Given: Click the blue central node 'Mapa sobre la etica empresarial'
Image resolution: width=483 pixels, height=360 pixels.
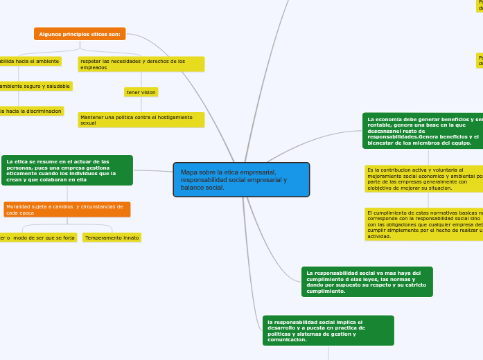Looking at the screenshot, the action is (x=241, y=180).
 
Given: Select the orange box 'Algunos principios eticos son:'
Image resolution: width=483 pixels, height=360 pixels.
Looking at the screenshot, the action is (x=80, y=33).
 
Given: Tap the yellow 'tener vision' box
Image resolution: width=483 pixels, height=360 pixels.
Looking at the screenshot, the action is (x=141, y=92).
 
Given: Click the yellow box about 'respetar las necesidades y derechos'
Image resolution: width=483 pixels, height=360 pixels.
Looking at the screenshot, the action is (x=141, y=64).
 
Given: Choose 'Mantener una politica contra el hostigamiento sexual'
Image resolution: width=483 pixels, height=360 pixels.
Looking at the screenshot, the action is (x=141, y=120).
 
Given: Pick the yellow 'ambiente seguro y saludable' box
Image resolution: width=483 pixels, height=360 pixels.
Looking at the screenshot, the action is (x=35, y=86).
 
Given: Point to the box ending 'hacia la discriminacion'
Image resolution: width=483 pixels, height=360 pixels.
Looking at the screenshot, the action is (x=31, y=111).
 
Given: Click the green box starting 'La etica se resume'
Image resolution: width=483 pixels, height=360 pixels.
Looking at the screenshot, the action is (x=67, y=170).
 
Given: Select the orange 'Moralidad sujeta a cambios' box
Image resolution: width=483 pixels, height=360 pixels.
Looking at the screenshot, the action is (x=67, y=209).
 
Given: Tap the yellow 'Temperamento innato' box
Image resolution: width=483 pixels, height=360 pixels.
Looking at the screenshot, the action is (x=112, y=237).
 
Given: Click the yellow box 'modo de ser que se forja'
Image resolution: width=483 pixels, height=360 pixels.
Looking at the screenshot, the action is (x=37, y=237).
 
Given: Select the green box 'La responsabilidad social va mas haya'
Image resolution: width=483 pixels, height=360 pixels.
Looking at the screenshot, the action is (x=367, y=282).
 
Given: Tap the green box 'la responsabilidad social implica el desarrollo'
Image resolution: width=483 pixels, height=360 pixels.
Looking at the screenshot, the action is (x=328, y=330).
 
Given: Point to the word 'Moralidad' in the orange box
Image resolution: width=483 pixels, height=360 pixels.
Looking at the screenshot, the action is (x=19, y=206).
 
